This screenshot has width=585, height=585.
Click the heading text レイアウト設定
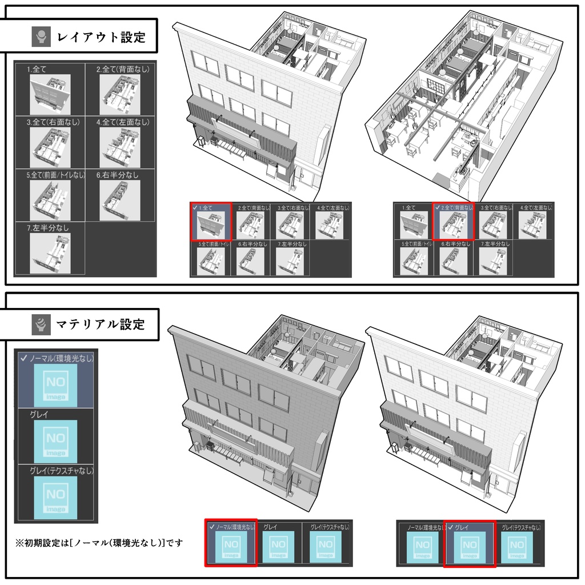(x=101, y=38)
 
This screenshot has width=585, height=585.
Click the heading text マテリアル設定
(x=101, y=325)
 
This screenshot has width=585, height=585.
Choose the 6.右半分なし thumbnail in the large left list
(x=119, y=200)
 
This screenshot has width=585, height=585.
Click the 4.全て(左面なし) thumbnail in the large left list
(x=119, y=147)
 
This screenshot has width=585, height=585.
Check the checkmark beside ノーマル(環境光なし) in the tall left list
(x=23, y=358)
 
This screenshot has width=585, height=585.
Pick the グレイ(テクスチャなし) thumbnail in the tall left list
(x=55, y=496)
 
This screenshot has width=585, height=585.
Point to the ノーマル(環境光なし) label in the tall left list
(x=61, y=358)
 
